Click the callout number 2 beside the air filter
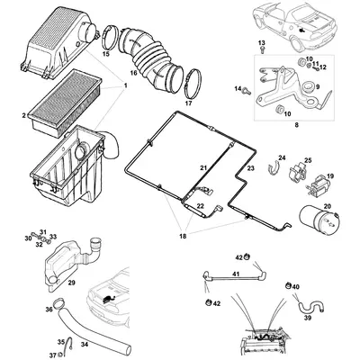pyautogui.click(x=24, y=116)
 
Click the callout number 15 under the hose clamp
pyautogui.click(x=106, y=55)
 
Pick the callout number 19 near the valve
pyautogui.click(x=329, y=176)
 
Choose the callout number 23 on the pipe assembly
pyautogui.click(x=251, y=168)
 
